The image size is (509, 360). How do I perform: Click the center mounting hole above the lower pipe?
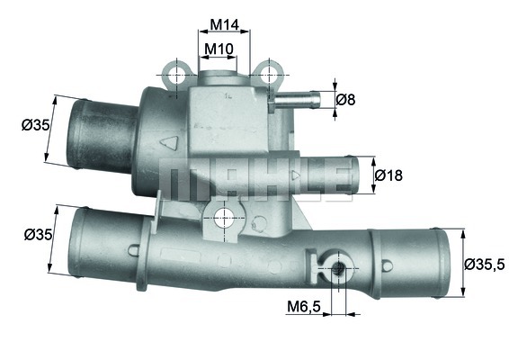(224, 216)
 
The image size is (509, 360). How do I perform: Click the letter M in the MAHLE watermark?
(181, 178)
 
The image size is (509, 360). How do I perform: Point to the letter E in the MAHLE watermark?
(331, 178)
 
